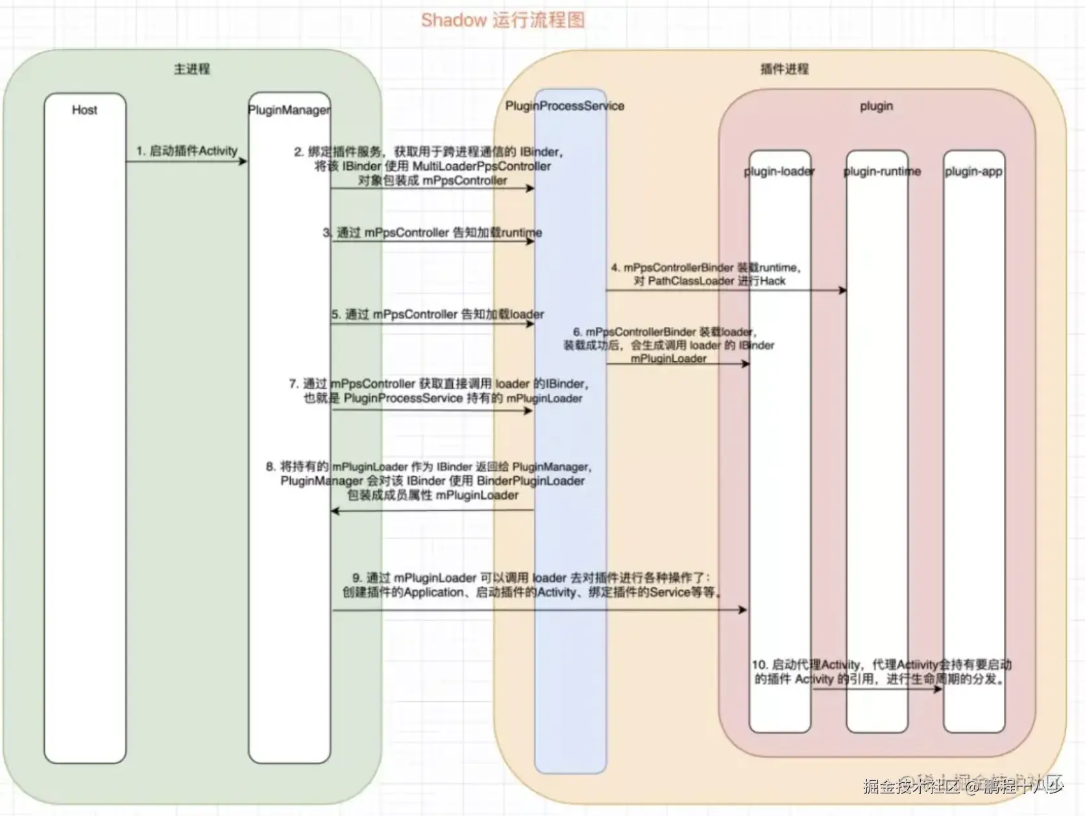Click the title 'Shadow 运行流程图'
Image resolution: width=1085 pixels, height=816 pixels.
pos(503,20)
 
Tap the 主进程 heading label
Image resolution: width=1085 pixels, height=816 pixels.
pos(191,69)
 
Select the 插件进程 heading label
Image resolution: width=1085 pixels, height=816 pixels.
pos(784,69)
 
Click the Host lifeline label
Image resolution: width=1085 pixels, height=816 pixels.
pos(84,110)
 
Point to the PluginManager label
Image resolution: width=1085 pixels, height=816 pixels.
pos(289,110)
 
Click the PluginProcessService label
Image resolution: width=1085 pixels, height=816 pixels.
pos(565,106)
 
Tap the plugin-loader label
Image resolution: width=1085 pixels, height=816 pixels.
pos(779,172)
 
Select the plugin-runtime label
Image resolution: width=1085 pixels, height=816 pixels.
pos(881,172)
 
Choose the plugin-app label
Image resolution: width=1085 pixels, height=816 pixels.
pos(973,172)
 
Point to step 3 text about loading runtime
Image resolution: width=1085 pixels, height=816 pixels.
pos(433,233)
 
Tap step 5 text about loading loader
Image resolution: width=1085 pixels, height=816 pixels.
pos(438,315)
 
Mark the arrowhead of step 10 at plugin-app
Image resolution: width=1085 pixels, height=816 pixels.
pos(938,689)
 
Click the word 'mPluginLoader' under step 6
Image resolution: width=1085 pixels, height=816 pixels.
pos(668,359)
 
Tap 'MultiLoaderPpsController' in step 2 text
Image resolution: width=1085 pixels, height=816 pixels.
pos(482,166)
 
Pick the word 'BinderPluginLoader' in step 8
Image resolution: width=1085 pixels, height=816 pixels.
pos(530,481)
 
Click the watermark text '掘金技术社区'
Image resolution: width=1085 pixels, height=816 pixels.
pos(911,787)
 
